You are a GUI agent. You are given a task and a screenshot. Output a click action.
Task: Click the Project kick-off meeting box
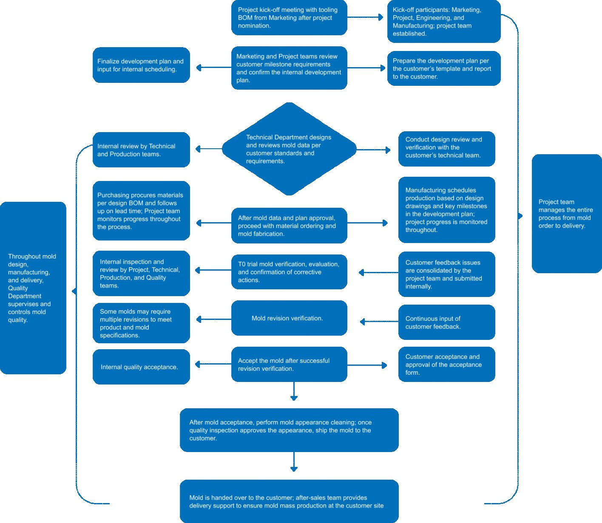(289, 18)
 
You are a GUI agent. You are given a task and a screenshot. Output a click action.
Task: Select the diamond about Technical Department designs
(289, 149)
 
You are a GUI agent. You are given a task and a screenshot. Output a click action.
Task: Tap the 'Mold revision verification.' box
(289, 318)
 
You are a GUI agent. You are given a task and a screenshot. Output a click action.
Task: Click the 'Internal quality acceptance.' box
(141, 367)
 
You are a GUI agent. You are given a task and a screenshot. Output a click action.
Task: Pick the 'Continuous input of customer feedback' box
(446, 322)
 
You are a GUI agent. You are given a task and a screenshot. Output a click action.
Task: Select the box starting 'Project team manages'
(566, 214)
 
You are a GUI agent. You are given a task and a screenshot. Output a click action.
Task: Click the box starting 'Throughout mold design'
(33, 288)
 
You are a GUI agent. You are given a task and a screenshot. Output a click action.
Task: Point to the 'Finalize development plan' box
(141, 65)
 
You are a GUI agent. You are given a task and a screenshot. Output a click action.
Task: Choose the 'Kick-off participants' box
(444, 22)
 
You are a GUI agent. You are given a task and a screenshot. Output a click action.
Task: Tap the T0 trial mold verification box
(289, 272)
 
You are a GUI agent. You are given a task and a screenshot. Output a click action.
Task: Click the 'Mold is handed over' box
(289, 501)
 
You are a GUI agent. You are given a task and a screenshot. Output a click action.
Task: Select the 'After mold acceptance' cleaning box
(289, 430)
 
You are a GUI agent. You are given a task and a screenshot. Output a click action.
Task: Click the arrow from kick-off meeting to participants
(366, 17)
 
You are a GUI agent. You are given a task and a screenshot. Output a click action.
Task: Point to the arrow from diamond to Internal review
(208, 149)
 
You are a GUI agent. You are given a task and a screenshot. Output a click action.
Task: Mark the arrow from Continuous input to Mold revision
(378, 322)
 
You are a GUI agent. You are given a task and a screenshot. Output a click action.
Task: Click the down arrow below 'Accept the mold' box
(294, 391)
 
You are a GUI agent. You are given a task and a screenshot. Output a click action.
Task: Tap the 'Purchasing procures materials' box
(141, 211)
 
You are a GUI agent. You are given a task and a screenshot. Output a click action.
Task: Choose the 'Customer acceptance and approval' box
(446, 365)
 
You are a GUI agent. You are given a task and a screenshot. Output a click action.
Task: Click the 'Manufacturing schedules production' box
(446, 210)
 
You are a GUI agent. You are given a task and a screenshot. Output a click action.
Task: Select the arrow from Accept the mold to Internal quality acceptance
(213, 364)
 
